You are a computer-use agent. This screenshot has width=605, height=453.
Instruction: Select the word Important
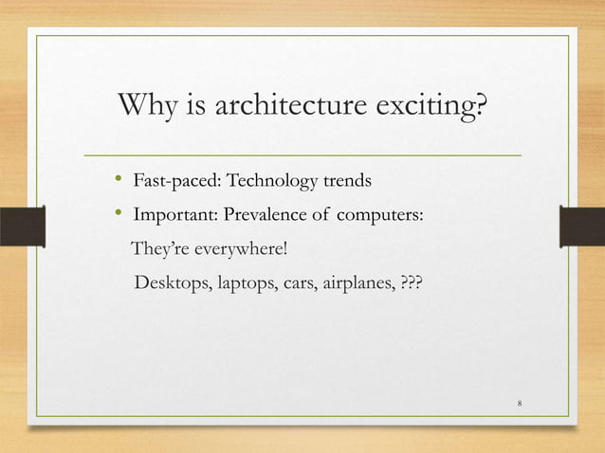(174, 215)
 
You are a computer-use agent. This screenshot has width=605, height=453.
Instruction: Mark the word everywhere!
(238, 248)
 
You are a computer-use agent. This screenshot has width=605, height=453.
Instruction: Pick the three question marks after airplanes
(412, 281)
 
